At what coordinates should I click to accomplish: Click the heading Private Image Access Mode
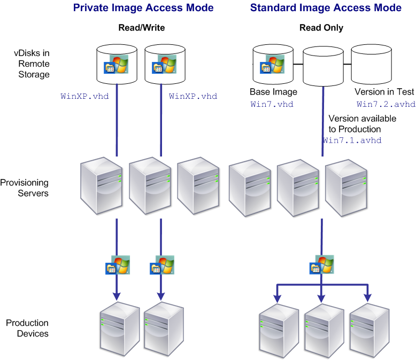tap(143, 8)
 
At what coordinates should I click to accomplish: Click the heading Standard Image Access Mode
tap(326, 8)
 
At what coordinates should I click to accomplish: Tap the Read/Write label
tap(142, 28)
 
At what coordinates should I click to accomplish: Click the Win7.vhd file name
tap(272, 104)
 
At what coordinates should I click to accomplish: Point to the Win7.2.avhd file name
tap(385, 104)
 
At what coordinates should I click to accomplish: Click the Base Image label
tap(273, 92)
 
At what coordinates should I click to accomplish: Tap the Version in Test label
tap(384, 92)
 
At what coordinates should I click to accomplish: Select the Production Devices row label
tap(27, 328)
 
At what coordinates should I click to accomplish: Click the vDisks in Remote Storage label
tap(32, 64)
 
